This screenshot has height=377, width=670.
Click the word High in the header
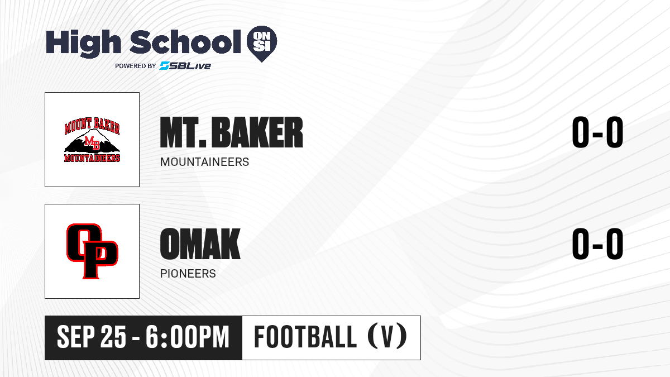[83, 43]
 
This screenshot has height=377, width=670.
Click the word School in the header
[185, 41]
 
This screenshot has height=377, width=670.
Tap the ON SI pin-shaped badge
[262, 44]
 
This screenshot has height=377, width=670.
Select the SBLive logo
[185, 65]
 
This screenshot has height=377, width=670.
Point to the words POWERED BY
[136, 66]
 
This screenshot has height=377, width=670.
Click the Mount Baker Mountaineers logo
[92, 140]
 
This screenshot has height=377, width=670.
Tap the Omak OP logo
[92, 251]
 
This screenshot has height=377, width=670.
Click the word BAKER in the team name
[257, 132]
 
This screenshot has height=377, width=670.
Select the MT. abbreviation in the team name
[183, 132]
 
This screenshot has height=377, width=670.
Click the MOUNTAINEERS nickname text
[204, 162]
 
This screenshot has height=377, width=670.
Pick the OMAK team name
[200, 244]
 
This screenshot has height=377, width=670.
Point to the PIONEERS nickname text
[188, 274]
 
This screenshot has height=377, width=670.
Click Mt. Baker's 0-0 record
[597, 132]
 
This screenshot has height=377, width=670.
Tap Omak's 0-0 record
[597, 244]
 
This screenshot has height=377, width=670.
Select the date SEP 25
[92, 337]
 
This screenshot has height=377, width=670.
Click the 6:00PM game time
[188, 337]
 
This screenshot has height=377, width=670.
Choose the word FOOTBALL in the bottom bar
[305, 337]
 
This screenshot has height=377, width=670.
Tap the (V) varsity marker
[387, 336]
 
